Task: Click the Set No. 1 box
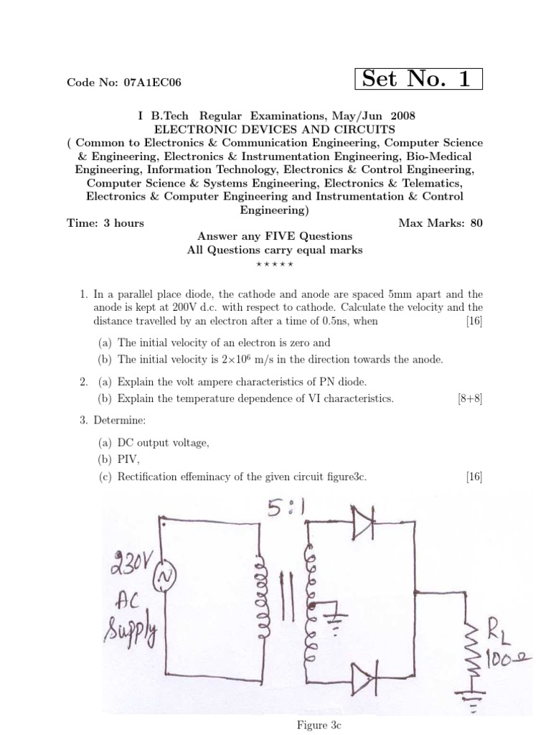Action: click(x=419, y=79)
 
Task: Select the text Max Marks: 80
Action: click(x=441, y=223)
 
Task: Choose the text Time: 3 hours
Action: click(x=105, y=223)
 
